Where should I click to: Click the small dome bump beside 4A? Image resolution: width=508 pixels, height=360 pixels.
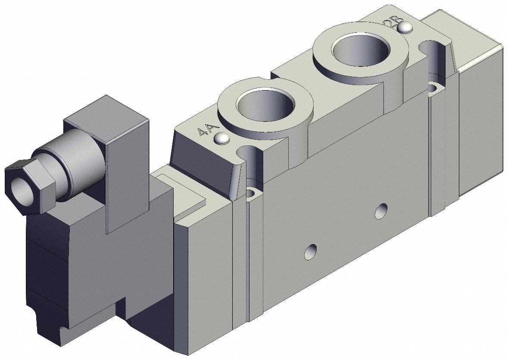click(x=221, y=138)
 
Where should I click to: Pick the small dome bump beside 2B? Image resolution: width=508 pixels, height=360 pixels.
click(x=405, y=28)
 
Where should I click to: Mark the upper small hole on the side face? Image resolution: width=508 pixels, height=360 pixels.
click(x=380, y=211)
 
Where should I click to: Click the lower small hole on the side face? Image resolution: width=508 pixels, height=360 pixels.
click(x=310, y=251)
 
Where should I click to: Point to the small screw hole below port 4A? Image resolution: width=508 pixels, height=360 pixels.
click(x=250, y=191)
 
